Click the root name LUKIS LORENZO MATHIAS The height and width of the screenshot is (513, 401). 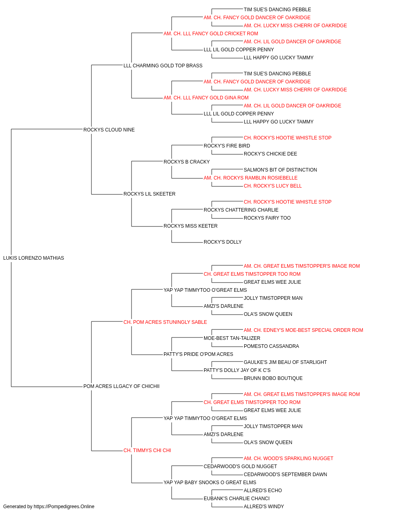point(34,258)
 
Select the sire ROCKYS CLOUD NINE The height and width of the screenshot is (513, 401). point(109,130)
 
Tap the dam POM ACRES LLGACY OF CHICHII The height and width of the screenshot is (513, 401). point(122,386)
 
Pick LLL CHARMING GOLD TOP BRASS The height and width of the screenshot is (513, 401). point(163,66)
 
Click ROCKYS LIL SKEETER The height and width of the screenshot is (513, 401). point(150,194)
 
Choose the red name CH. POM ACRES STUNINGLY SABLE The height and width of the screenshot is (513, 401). point(165,322)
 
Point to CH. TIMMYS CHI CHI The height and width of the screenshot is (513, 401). point(147,450)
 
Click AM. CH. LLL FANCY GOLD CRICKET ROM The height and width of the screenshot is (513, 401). point(211,34)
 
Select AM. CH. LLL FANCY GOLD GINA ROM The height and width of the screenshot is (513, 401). point(206,98)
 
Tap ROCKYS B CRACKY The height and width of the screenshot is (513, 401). point(186,162)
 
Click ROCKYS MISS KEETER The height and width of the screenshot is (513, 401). point(190,226)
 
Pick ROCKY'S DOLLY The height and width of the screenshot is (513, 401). point(223,242)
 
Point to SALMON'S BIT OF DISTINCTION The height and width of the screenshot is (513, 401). point(280,170)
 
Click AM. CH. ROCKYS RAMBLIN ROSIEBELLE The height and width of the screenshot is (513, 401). point(251,178)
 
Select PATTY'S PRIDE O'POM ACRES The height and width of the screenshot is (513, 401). point(198,354)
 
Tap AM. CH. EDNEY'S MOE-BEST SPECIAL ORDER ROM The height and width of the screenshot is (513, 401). point(304,330)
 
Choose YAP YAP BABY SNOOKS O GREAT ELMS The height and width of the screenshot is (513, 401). point(210,483)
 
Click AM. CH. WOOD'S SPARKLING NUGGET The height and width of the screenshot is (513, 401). point(289,458)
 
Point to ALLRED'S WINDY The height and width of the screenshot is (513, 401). point(264,507)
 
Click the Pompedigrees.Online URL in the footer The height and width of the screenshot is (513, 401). point(64,507)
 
